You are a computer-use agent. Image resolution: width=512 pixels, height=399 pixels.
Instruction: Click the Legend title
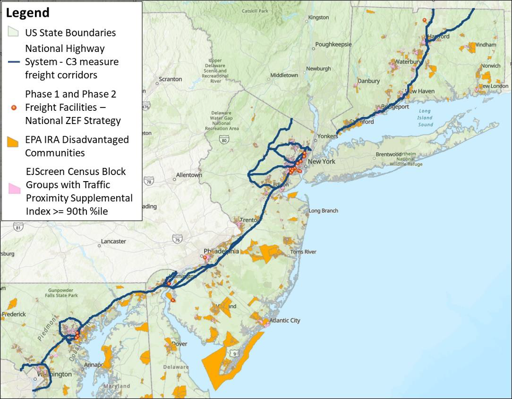pyautogui.click(x=27, y=13)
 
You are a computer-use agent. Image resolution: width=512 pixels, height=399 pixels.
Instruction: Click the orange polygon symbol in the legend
pyautogui.click(x=13, y=141)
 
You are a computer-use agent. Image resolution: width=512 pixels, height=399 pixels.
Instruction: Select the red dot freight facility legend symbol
pyautogui.click(x=14, y=108)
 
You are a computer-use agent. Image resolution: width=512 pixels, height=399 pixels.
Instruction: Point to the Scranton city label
pyautogui.click(x=170, y=79)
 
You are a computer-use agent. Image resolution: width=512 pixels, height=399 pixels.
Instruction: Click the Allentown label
pyautogui.click(x=189, y=175)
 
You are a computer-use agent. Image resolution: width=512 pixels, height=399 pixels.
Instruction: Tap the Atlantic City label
pyautogui.click(x=285, y=321)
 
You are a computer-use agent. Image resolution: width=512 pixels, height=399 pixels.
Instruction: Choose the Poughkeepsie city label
pyautogui.click(x=333, y=44)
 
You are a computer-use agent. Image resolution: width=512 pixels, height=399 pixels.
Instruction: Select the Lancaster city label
pyautogui.click(x=113, y=241)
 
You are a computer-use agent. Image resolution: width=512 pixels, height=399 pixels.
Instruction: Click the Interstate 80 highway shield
pyautogui.click(x=224, y=139)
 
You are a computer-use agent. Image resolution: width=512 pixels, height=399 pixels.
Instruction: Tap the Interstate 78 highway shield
pyautogui.click(x=149, y=182)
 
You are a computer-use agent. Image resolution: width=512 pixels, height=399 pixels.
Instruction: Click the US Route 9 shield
pyautogui.click(x=234, y=353)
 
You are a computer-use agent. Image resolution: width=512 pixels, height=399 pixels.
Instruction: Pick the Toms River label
pyautogui.click(x=303, y=252)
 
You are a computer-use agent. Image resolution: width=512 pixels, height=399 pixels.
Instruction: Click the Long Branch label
pyautogui.click(x=323, y=211)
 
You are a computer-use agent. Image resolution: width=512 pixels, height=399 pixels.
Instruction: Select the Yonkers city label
pyautogui.click(x=328, y=136)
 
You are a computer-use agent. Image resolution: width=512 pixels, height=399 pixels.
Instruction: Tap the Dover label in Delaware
pyautogui.click(x=179, y=344)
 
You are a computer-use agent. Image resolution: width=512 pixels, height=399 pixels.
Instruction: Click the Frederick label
pyautogui.click(x=14, y=314)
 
